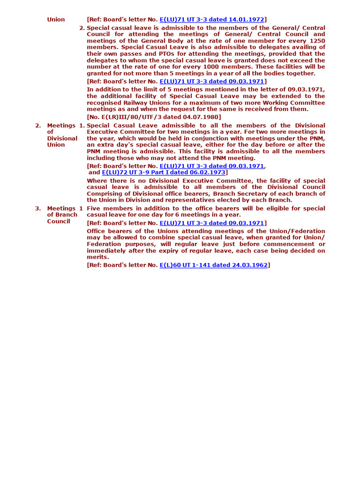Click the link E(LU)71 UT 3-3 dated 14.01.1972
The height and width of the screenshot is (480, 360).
point(212,19)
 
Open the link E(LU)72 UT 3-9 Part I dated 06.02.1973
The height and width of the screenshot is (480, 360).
point(164,172)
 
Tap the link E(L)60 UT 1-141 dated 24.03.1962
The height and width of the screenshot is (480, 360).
point(213,265)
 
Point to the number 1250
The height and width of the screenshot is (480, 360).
point(316,41)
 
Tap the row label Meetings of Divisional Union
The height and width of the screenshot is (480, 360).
point(62,135)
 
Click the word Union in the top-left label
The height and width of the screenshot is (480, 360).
point(56,20)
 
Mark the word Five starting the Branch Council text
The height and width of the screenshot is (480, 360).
point(95,208)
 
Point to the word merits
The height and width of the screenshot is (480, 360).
point(97,257)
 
